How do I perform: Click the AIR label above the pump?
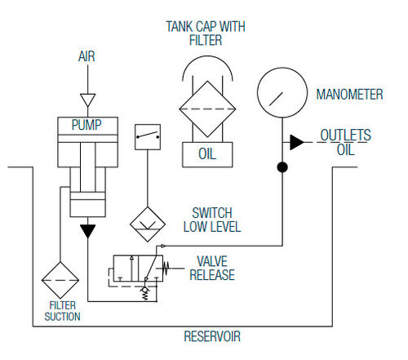click(86, 56)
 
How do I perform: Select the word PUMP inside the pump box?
click(86, 125)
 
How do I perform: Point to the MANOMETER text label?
click(349, 95)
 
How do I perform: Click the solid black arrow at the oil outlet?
click(297, 142)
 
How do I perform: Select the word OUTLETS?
click(345, 135)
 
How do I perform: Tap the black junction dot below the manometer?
click(282, 167)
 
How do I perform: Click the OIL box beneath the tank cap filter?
click(207, 154)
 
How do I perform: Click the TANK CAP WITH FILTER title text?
click(206, 33)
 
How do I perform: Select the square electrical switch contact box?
click(148, 137)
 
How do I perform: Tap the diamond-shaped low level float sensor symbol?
click(148, 224)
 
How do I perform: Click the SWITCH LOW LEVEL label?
click(212, 220)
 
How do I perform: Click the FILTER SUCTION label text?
click(62, 311)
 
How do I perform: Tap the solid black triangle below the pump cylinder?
click(87, 231)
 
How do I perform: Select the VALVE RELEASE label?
click(212, 268)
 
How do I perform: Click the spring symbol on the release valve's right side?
click(166, 268)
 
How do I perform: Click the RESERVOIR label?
click(212, 336)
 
